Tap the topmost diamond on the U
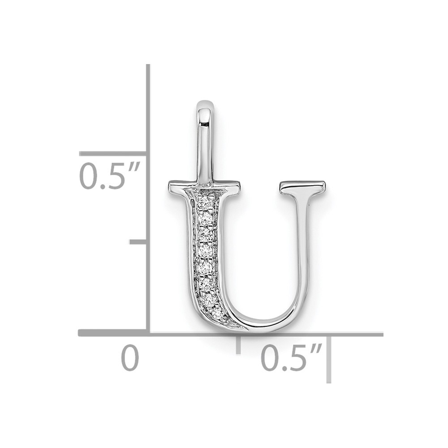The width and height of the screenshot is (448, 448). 204,203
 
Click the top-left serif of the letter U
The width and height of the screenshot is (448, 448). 204,187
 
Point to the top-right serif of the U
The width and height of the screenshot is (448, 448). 302,186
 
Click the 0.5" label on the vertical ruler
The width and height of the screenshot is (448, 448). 109,176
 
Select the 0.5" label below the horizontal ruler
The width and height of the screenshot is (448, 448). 292,357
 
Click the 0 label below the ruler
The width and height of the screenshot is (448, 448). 130,358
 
